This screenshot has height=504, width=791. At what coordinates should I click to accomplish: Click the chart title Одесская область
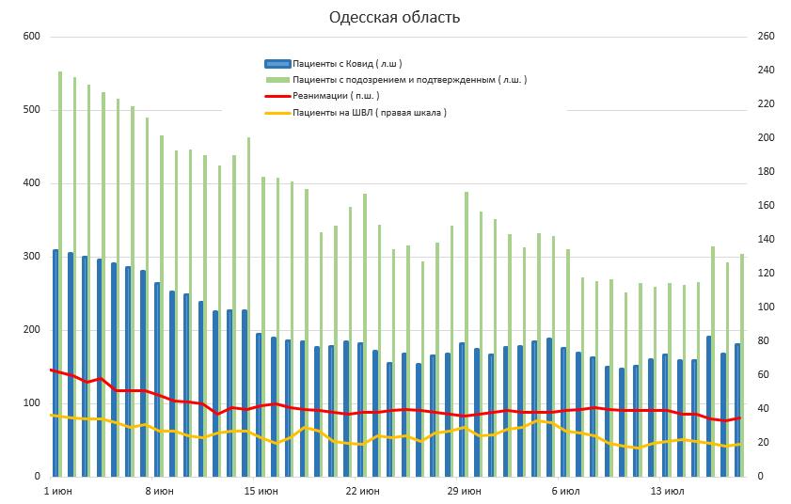pos(394,17)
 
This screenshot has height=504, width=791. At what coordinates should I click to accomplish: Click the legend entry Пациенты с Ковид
pos(347,64)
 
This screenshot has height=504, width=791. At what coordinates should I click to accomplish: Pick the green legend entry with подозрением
pos(409,80)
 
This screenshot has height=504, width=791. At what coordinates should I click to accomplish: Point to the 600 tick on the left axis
pos(32,37)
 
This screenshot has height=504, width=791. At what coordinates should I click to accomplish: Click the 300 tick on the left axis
pos(32,257)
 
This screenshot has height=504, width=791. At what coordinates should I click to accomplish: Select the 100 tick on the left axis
pos(32,403)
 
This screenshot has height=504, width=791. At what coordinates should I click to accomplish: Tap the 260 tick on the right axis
pos(766,37)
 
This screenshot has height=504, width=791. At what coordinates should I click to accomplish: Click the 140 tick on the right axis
pos(766,240)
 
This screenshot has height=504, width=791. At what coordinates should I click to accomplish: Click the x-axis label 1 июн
pos(58,491)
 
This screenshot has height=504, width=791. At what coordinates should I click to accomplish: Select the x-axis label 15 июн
pos(261,491)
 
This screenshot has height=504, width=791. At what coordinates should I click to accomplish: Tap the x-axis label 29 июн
pos(464,491)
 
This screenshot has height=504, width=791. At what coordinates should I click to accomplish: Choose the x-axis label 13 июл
pos(667,491)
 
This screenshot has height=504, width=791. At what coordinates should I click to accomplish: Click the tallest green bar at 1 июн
pos(60,273)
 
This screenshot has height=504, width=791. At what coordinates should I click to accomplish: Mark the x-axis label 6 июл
pos(565,491)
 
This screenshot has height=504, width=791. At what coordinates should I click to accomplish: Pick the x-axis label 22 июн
pos(362,491)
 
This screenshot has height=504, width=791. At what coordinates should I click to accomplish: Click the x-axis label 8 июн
pos(160,491)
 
